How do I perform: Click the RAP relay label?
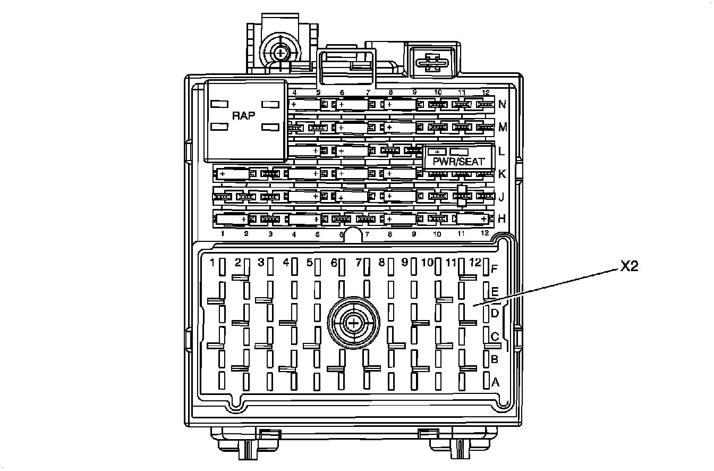pos(244,115)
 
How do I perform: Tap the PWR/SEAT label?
pos(458,162)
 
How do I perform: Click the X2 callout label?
pos(628,267)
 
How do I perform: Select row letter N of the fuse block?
pos(501,105)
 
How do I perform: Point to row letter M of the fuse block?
pos(502,128)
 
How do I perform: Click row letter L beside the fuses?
pos(501,151)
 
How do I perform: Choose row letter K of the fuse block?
pos(501,174)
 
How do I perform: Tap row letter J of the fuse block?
pos(501,197)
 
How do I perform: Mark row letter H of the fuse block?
pos(501,218)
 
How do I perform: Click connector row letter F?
pos(494,268)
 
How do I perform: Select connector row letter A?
pos(496,381)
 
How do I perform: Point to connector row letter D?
pos(495,313)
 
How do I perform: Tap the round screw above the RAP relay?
pos(279,53)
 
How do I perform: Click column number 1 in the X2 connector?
pos(212,263)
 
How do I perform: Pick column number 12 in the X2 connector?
pos(476,263)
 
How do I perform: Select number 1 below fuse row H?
pos(223,234)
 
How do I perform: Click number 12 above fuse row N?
pos(485,92)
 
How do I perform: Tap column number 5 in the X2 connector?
pos(310,263)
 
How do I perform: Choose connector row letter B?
pos(495,359)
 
